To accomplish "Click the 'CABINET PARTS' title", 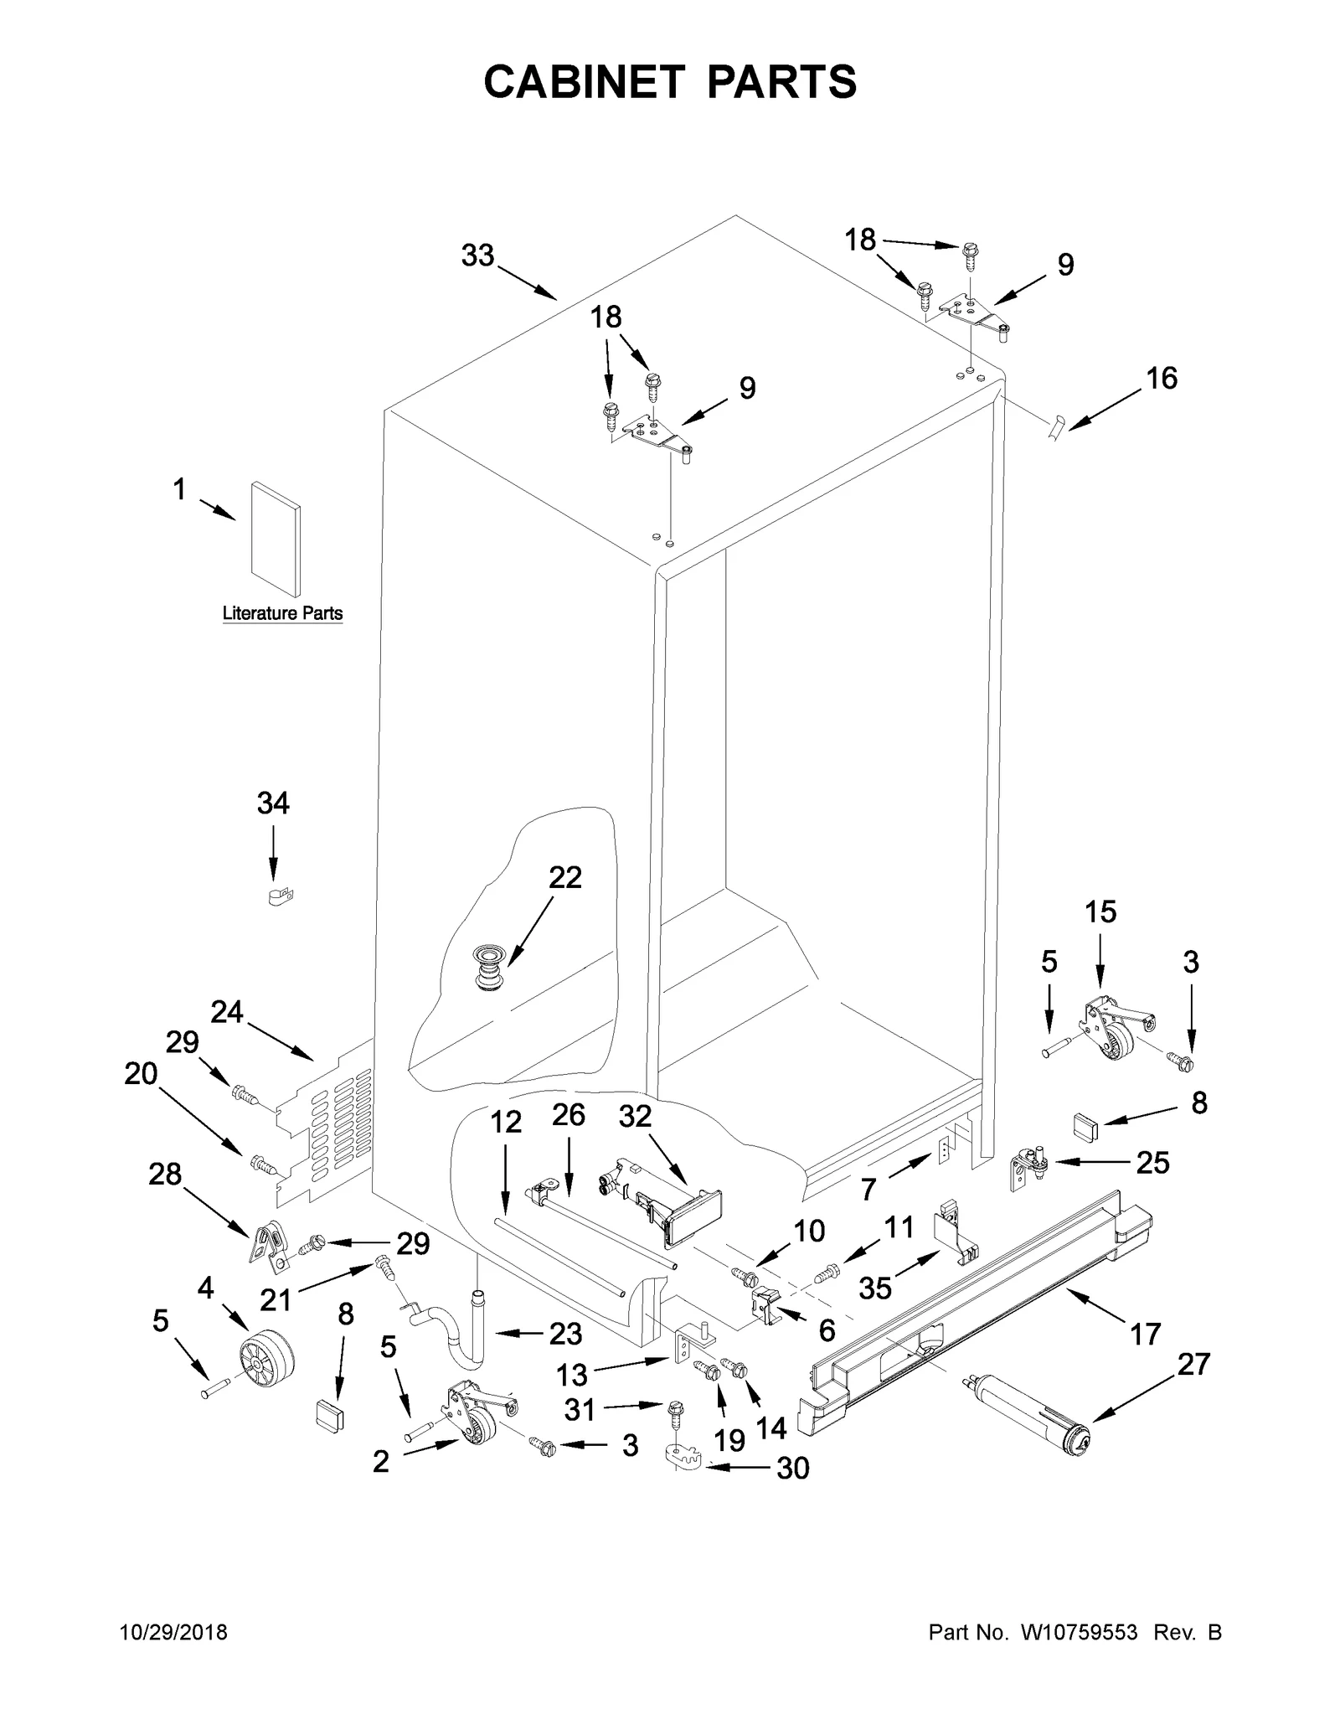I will click(670, 82).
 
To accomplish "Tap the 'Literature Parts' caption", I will click(282, 613).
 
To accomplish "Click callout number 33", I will click(477, 256).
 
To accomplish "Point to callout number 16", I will click(1162, 379).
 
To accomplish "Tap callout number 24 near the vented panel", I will click(226, 1013).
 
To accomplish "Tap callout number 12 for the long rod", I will click(505, 1122).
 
